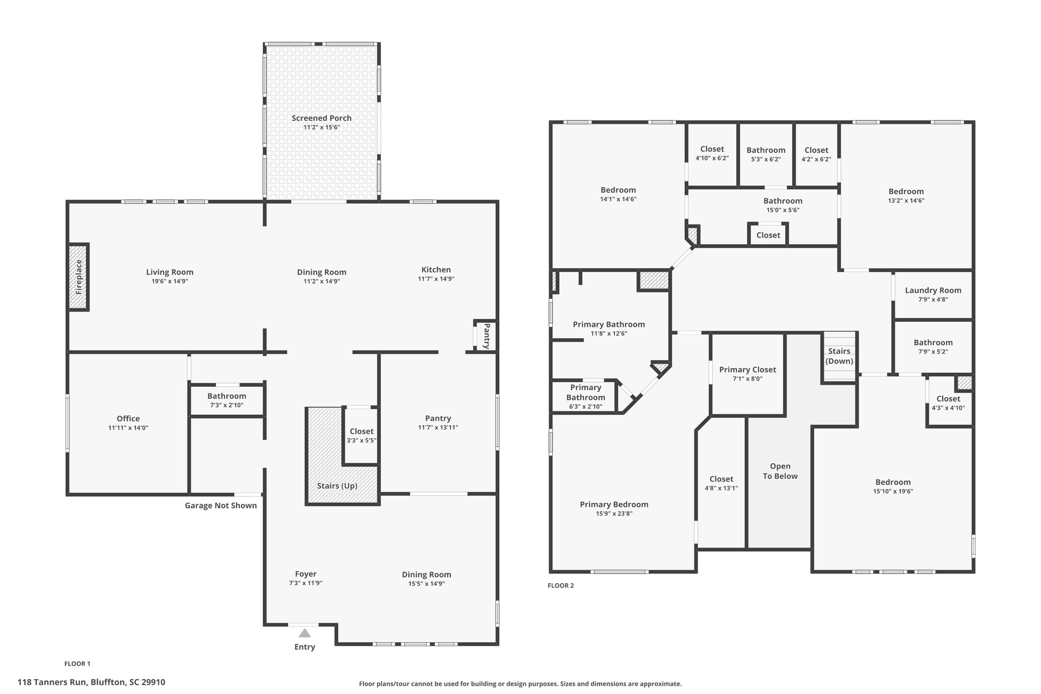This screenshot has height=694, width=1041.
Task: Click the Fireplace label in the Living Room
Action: [79, 278]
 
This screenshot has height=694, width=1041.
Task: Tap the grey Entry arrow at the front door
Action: [304, 633]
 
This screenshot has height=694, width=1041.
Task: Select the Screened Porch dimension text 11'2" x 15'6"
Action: [322, 127]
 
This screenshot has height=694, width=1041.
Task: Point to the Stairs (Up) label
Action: [337, 486]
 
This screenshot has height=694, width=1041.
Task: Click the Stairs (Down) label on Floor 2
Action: [839, 356]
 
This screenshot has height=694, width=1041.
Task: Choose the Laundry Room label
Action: [933, 290]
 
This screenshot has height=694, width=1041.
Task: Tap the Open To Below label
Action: [780, 471]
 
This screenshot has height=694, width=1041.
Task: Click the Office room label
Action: [128, 418]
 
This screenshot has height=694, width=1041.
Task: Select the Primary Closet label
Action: [748, 370]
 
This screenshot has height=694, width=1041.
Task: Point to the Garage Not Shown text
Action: [221, 505]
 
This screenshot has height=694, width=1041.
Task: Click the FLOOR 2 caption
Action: [561, 585]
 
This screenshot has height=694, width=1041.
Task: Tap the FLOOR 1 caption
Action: [77, 663]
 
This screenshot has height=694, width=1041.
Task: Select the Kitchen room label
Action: [436, 269]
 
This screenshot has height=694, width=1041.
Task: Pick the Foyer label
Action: [305, 574]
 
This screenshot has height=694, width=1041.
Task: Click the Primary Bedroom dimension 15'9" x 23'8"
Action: [614, 514]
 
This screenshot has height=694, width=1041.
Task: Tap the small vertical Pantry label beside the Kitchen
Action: [486, 336]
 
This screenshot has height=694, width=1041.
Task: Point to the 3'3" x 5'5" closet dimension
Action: [361, 440]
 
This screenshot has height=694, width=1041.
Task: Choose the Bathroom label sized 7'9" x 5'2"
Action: [933, 342]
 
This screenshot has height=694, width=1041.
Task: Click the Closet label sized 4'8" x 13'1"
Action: [721, 478]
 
